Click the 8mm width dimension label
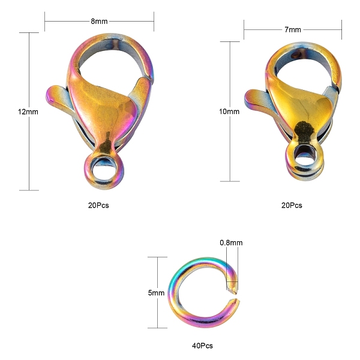99,21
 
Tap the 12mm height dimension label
28,112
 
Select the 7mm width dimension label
293,29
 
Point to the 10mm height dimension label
229,112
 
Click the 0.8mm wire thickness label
231,242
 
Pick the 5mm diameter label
156,293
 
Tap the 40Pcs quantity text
202,346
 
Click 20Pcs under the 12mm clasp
98,205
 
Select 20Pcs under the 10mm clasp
292,205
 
